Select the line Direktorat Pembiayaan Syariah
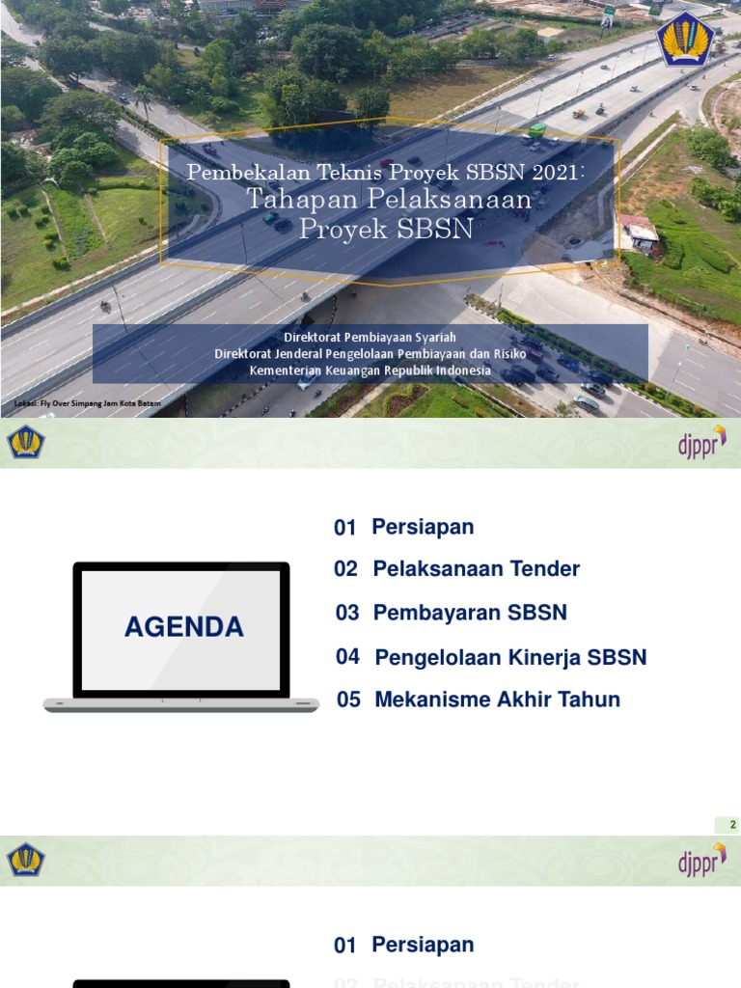(x=370, y=337)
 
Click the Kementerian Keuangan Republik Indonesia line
(x=370, y=370)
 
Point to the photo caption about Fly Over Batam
(x=88, y=402)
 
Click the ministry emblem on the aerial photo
(x=686, y=40)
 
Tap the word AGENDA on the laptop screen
(x=183, y=627)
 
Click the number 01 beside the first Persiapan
(x=345, y=528)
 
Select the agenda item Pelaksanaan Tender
(x=476, y=569)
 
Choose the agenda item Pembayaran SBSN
(x=470, y=613)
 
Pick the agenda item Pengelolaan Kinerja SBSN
(x=510, y=658)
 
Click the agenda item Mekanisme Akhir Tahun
(x=497, y=700)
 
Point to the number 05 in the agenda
(x=348, y=700)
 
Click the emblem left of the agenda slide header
(x=26, y=443)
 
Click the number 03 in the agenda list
(x=347, y=613)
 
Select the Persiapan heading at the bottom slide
(x=423, y=946)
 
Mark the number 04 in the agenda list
(x=348, y=657)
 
